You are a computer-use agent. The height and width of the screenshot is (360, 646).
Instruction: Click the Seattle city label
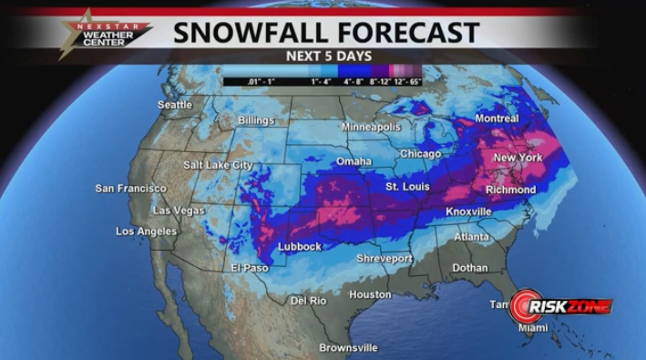pyautogui.click(x=175, y=105)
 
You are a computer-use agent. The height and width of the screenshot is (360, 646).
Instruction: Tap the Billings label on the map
pyautogui.click(x=255, y=120)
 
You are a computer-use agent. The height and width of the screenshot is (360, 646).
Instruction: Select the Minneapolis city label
pyautogui.click(x=371, y=127)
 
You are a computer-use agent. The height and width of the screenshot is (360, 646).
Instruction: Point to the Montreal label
pyautogui.click(x=497, y=118)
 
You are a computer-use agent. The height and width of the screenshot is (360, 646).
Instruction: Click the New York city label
pyautogui.click(x=518, y=158)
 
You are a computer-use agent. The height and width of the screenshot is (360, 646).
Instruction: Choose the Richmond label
pyautogui.click(x=510, y=190)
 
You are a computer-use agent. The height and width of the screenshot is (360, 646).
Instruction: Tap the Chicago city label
pyautogui.click(x=419, y=154)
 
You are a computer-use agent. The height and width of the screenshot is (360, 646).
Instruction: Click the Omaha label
pyautogui.click(x=354, y=161)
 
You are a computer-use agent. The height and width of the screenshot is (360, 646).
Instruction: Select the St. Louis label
pyautogui.click(x=406, y=187)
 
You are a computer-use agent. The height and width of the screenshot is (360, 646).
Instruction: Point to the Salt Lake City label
pyautogui.click(x=218, y=165)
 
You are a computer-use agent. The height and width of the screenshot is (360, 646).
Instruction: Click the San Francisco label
pyautogui.click(x=130, y=189)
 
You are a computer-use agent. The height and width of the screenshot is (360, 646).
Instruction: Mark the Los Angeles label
pyautogui.click(x=146, y=231)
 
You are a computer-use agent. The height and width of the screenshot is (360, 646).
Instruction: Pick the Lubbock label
pyautogui.click(x=299, y=247)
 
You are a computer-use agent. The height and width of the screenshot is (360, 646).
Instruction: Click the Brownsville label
pyautogui.click(x=348, y=347)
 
